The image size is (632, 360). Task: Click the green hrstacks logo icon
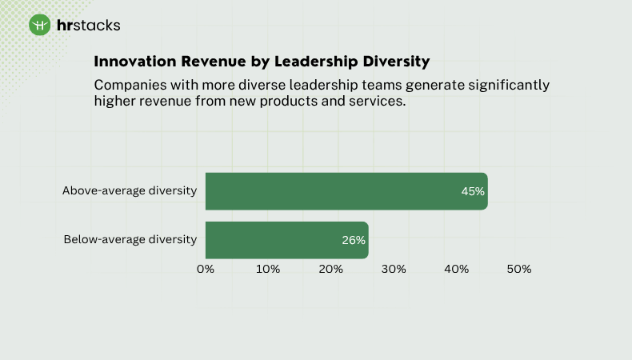click(x=40, y=26)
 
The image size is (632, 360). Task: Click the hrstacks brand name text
click(x=89, y=26)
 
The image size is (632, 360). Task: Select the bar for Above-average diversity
click(x=346, y=191)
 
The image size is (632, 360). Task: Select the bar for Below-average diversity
click(x=286, y=240)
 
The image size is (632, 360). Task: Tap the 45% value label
click(x=473, y=191)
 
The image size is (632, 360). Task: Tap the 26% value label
click(x=354, y=240)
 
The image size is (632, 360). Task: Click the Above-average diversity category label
click(x=130, y=190)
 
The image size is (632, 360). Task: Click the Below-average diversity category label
click(x=130, y=239)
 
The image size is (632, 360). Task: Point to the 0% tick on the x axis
click(x=206, y=269)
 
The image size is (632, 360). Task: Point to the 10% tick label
click(x=268, y=269)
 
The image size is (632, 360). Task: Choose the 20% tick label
click(x=331, y=269)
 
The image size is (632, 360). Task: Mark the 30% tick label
click(x=394, y=269)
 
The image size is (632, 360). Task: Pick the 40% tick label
click(x=457, y=269)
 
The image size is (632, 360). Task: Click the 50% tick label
click(x=519, y=269)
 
